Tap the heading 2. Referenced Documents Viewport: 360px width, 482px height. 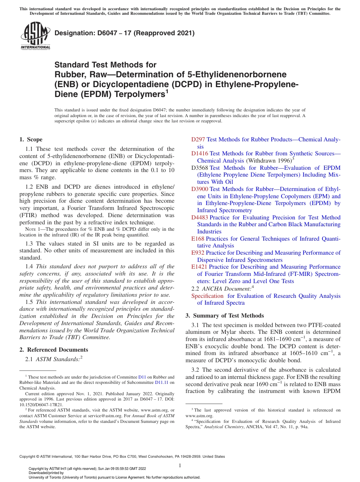53,350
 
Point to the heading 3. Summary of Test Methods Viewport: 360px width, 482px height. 224,316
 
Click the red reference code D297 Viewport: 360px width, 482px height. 198,139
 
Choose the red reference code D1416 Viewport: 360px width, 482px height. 200,153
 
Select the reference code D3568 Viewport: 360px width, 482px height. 200,167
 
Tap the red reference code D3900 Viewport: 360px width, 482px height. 200,189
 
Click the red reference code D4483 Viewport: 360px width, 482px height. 200,218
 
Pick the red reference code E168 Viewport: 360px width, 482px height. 198,239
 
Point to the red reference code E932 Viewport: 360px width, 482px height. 198,253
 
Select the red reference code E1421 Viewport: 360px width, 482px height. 199,267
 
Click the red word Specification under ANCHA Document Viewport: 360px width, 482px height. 207,296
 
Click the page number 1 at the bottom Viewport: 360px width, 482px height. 180,465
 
